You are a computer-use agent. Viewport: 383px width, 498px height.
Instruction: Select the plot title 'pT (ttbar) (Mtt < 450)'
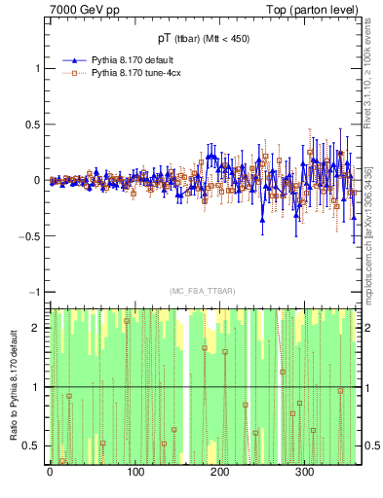(203, 39)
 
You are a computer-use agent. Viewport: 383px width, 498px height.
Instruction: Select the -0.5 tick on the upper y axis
(31, 236)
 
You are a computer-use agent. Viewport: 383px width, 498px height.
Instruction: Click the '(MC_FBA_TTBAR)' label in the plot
(203, 292)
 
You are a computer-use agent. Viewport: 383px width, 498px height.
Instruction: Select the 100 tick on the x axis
(134, 474)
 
